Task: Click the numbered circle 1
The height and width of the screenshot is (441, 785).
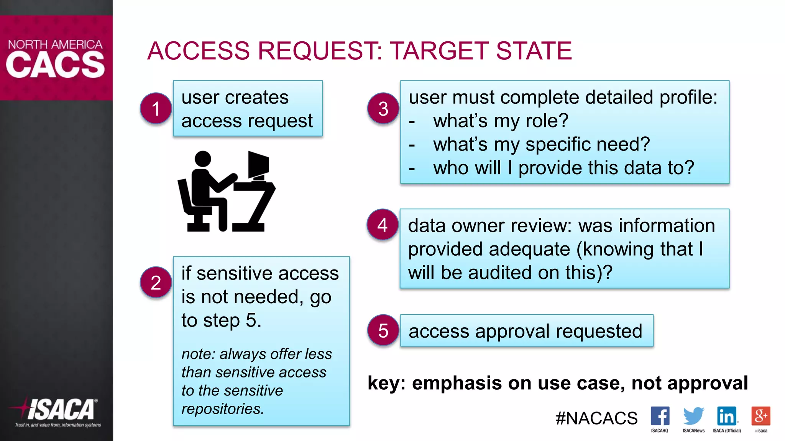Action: click(156, 108)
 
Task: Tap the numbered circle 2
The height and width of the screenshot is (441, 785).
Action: click(156, 283)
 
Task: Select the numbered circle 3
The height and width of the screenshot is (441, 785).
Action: click(383, 108)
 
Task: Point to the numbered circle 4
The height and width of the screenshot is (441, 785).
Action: click(382, 225)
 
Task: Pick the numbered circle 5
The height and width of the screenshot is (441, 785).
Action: click(383, 330)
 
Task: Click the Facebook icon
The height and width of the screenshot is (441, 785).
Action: click(660, 416)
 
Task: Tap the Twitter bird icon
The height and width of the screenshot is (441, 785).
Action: click(693, 416)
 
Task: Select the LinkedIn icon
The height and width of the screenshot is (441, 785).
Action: click(726, 416)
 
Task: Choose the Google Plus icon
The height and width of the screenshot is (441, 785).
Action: click(760, 416)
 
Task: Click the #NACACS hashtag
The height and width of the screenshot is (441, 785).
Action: click(596, 418)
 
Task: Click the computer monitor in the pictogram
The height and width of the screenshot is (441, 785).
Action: click(258, 165)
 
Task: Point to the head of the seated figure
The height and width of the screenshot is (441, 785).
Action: click(203, 158)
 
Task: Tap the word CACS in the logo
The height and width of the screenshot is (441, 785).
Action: click(55, 65)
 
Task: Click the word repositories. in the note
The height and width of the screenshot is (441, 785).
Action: click(223, 409)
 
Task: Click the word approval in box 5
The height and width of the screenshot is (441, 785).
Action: click(512, 331)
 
